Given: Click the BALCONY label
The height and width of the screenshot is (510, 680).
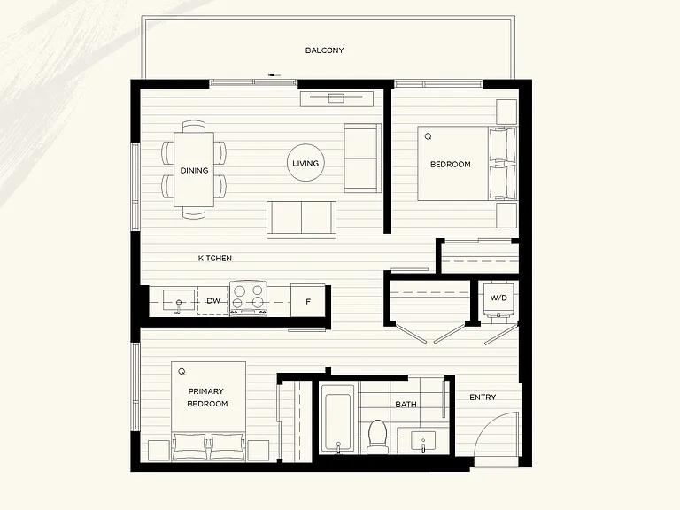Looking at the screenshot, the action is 324,50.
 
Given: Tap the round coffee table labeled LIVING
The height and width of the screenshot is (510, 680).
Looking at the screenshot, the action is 305,163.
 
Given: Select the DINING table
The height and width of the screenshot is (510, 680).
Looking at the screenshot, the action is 194,170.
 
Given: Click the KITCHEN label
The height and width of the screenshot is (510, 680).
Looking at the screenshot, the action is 214,258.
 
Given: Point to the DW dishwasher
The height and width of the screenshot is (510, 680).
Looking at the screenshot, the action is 213,300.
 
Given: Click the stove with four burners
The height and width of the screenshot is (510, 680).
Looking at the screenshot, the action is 248,297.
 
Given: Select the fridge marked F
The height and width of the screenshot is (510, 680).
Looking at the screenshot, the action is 308,300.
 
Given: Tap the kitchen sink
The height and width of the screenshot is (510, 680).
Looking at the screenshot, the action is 179,300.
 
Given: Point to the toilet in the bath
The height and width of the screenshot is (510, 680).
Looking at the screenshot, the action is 377,437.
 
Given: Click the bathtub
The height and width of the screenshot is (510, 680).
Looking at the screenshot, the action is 337,423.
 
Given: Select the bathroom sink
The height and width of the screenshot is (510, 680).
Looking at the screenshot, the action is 423,442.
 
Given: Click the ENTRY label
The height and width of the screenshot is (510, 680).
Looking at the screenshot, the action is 483,398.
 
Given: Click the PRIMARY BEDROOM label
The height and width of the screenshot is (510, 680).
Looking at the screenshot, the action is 207,398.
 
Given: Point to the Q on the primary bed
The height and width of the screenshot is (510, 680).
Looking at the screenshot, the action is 182,371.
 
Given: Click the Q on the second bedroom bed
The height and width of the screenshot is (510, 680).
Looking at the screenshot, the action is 428,136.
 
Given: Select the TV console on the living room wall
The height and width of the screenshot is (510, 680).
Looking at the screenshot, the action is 337,98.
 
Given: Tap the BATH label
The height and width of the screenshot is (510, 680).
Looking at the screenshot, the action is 406,404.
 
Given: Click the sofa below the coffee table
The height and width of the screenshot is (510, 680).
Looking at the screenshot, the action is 301,220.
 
